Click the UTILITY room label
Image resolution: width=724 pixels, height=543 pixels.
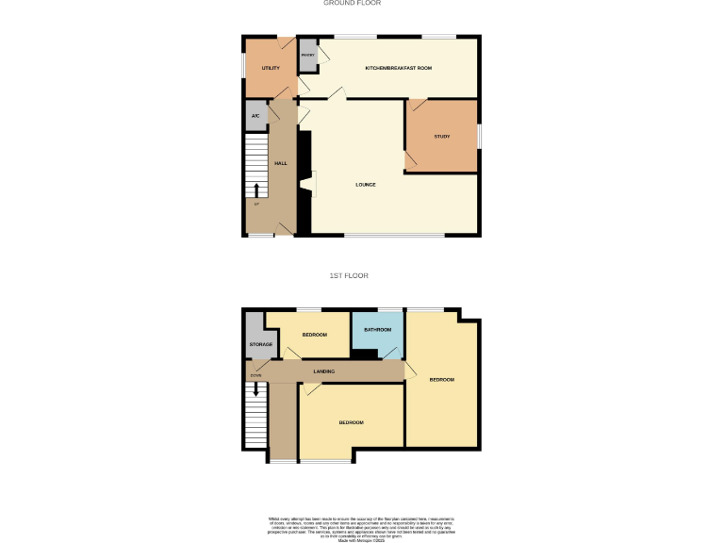click(271, 69)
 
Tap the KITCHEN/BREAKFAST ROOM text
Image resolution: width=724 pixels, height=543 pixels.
click(398, 69)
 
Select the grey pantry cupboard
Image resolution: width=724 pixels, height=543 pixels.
click(308, 57)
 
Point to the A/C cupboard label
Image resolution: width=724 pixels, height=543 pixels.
click(255, 116)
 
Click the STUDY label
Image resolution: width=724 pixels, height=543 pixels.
click(441, 137)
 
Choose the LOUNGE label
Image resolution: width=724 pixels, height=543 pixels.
click(366, 184)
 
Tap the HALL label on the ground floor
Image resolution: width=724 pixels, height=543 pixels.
click(280, 163)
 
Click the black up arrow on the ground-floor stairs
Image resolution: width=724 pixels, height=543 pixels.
click(255, 191)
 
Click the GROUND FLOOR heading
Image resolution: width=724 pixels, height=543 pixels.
click(353, 4)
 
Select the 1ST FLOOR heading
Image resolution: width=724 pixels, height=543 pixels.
click(349, 275)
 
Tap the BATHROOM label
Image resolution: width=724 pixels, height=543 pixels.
click(377, 330)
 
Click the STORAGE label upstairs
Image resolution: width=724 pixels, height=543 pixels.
click(261, 344)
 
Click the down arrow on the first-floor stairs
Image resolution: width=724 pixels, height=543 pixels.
click(255, 388)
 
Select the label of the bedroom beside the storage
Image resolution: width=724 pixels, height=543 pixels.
click(314, 336)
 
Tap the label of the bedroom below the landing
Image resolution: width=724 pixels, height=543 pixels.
click(352, 421)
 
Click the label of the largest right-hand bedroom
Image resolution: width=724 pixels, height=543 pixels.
click(442, 379)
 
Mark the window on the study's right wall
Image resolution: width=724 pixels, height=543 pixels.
click(480, 136)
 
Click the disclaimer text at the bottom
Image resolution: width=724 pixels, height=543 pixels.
click(362, 525)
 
